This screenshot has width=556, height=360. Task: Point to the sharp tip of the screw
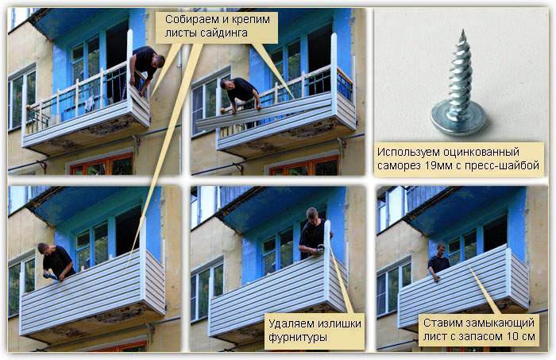click(x=462, y=31)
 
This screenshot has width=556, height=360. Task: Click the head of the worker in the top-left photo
click(x=159, y=60)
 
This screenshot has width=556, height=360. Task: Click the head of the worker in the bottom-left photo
click(x=43, y=248)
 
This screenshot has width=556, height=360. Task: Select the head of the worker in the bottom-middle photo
click(x=312, y=214)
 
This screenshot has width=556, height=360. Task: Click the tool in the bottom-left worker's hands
click(x=49, y=276)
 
